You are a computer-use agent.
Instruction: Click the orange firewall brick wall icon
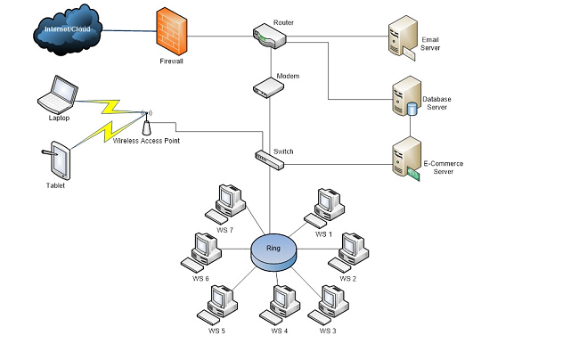pos(172,32)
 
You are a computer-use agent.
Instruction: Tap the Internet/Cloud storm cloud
pos(68,30)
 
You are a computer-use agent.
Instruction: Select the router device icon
pos(270,36)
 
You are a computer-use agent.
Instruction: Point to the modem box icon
pos(268,87)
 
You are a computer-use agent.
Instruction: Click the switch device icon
pos(270,160)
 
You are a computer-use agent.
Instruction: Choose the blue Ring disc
pos(273,252)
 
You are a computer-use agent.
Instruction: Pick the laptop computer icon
pos(58,94)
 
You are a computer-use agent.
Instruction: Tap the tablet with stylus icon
pos(57,161)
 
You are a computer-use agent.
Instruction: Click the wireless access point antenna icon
pos(146,123)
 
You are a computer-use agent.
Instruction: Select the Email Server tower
pos(402,37)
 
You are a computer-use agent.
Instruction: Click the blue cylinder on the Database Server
pos(412,110)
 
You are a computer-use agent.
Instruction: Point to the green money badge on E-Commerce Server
pos(413,174)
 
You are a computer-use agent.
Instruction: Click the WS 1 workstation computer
pos(324,208)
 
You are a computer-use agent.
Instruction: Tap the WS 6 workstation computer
pos(201,252)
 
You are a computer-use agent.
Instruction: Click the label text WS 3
pos(328,331)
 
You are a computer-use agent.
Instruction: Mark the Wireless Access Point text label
pos(146,141)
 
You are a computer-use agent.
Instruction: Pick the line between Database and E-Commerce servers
pos(411,127)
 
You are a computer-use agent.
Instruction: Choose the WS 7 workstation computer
pos(225,204)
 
